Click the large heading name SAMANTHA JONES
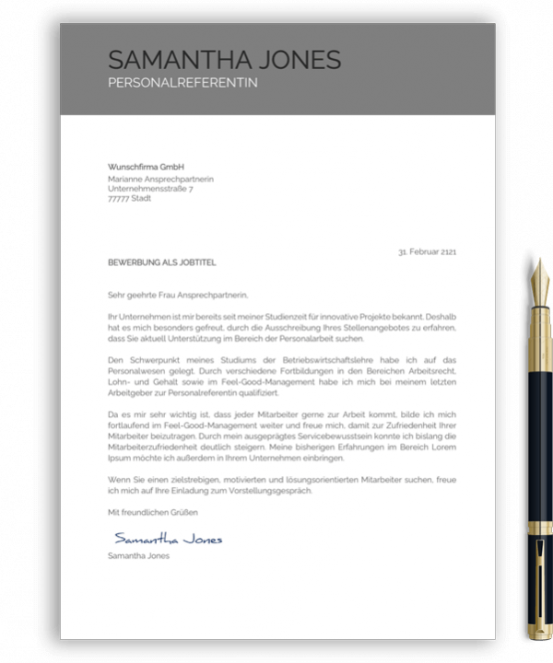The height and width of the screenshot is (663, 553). (x=224, y=61)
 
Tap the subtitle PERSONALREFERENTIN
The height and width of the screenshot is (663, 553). (x=182, y=83)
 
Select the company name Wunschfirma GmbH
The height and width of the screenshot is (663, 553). (x=147, y=167)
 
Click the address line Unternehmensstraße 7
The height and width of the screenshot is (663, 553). (x=150, y=188)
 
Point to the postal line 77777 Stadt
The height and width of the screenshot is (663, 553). (x=129, y=198)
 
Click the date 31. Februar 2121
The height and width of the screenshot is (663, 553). (x=427, y=251)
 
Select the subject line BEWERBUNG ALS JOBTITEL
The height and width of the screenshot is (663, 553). (x=161, y=262)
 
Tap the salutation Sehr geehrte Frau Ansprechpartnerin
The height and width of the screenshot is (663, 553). (x=178, y=296)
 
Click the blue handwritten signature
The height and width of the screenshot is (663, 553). (x=168, y=539)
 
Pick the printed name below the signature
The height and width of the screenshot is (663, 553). (x=138, y=556)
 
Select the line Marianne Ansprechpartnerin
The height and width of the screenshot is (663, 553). (x=160, y=178)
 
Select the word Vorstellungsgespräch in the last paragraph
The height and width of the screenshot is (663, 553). (x=274, y=491)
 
